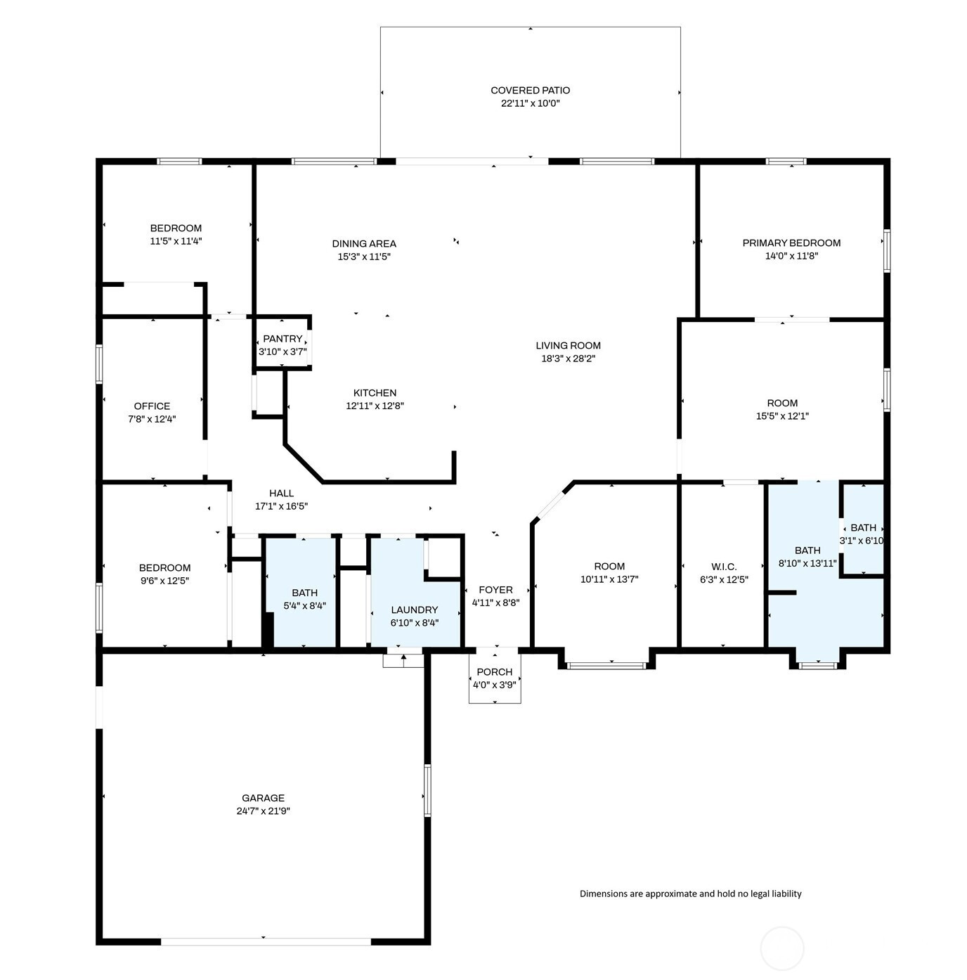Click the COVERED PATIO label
[530, 91]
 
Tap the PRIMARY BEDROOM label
[791, 243]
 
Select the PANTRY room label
[283, 339]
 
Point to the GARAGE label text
[263, 798]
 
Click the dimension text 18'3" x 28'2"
[568, 359]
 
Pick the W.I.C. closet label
[724, 567]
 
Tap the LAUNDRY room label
[415, 610]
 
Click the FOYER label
[495, 590]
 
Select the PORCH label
[495, 672]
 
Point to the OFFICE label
[152, 406]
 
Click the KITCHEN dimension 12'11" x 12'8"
[375, 406]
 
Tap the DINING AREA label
[364, 244]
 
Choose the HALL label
[281, 494]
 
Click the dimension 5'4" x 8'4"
[304, 606]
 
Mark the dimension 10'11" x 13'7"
[609, 579]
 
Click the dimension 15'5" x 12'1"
[782, 416]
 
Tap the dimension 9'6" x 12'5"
[164, 581]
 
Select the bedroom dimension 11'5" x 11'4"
[176, 241]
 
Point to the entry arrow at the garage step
[403, 661]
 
